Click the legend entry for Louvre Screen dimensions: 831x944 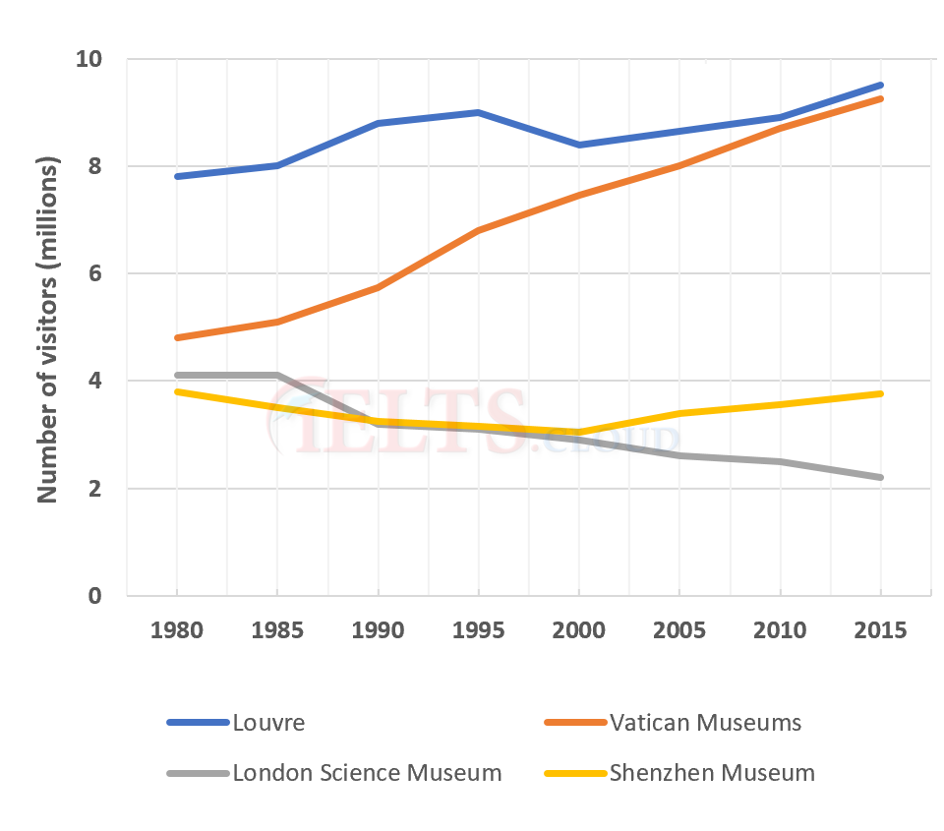point(268,723)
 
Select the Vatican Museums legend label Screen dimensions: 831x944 point(705,723)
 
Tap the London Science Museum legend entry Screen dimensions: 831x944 point(367,773)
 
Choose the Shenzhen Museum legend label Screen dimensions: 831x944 point(712,773)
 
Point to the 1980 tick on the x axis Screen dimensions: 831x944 point(177,630)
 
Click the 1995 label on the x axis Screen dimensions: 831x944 point(478,630)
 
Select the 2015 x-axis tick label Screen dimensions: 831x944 point(880,630)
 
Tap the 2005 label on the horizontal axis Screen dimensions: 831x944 point(679,630)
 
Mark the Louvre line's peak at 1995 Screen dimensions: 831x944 point(478,112)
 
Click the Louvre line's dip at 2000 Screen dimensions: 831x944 point(578,145)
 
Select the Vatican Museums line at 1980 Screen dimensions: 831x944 point(177,337)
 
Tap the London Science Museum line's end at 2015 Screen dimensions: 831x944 point(880,477)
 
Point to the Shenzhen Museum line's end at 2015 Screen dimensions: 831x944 point(880,393)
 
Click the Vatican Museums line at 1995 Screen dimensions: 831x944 point(478,230)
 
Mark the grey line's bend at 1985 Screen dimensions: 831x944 point(278,375)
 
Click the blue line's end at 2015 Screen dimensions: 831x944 point(880,86)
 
